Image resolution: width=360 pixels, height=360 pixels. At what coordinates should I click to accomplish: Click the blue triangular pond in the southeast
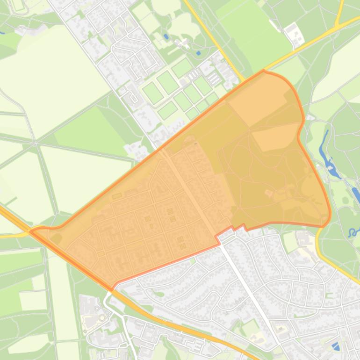tap(336, 346)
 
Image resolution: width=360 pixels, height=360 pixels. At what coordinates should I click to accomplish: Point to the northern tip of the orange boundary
tap(264, 71)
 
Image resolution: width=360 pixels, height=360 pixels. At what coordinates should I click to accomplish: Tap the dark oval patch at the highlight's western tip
tap(56, 238)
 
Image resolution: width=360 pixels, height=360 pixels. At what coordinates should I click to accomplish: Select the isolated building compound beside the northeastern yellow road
tap(294, 35)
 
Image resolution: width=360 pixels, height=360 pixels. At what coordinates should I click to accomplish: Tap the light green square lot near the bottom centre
tap(250, 327)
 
